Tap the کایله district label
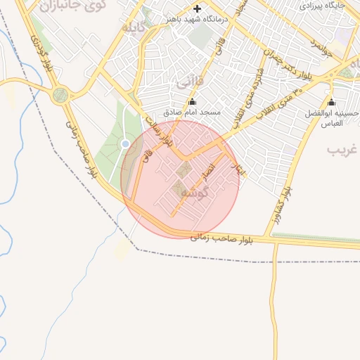click(x=134, y=29)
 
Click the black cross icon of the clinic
click(x=196, y=9)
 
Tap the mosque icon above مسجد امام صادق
click(x=192, y=101)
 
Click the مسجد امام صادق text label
click(x=192, y=112)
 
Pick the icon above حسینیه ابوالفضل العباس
click(x=331, y=102)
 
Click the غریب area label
click(x=345, y=149)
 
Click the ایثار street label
click(x=239, y=167)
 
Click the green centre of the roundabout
click(x=60, y=94)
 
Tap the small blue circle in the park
click(x=125, y=143)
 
